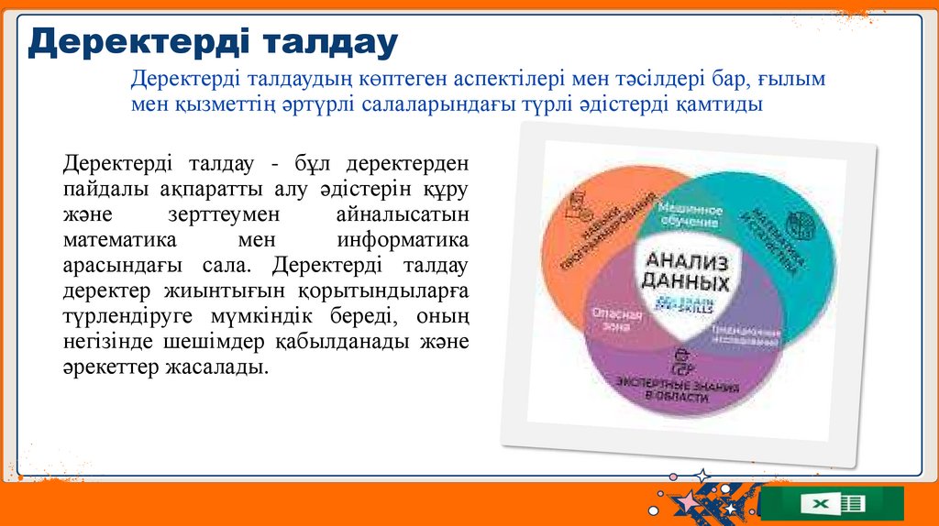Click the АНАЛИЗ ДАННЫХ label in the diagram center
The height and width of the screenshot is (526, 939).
pos(687,270)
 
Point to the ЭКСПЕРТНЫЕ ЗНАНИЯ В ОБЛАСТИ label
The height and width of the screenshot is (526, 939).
pos(677,390)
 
